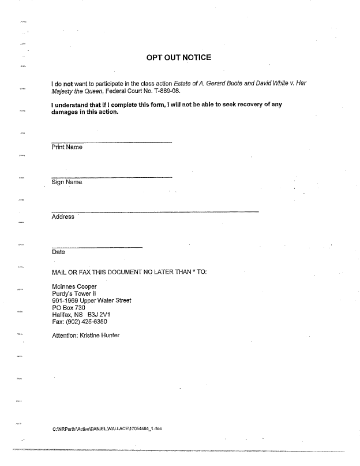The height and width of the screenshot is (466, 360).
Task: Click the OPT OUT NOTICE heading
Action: point(179,57)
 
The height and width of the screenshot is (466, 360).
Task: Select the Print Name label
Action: point(67,147)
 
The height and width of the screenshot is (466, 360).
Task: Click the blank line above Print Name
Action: point(111,142)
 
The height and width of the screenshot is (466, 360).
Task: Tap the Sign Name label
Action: point(66,182)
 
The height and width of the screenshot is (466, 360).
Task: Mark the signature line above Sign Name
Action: point(111,177)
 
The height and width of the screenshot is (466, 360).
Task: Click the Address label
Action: point(63,217)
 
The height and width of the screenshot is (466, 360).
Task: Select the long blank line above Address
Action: point(155,212)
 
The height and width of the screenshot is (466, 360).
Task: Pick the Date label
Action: point(58,252)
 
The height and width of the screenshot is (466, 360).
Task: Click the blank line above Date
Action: point(96,247)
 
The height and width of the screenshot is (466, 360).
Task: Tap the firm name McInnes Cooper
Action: point(74,286)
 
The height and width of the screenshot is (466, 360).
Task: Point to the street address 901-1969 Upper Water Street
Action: point(91,300)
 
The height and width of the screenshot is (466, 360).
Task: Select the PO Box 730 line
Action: point(69,308)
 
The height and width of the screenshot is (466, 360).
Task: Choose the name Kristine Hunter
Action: point(100,335)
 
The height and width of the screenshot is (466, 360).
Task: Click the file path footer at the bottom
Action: point(107,428)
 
